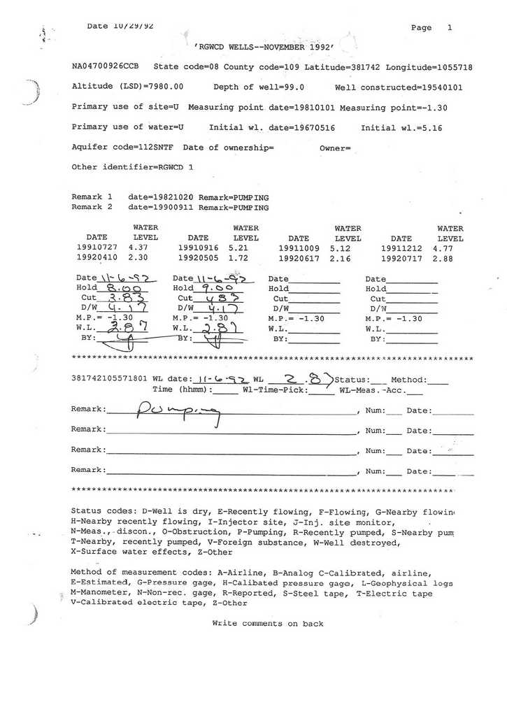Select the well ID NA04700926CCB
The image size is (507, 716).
point(106,67)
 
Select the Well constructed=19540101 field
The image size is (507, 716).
point(399,87)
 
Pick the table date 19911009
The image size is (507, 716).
point(299,248)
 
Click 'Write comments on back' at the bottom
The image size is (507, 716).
point(268,624)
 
